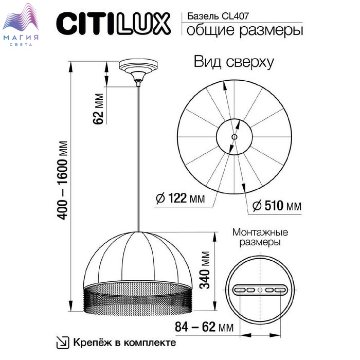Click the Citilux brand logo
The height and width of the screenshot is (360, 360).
[x=113, y=24]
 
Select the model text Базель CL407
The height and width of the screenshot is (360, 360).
[x=218, y=16]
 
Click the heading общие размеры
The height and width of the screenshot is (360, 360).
[x=245, y=30]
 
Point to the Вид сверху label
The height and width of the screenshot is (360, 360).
[x=234, y=62]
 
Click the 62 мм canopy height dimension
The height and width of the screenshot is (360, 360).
[x=99, y=109]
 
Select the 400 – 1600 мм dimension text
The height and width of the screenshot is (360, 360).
[x=62, y=180]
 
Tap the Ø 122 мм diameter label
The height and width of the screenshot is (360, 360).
[x=180, y=198]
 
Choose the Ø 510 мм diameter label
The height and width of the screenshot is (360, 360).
[x=277, y=206]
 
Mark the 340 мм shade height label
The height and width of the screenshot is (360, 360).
[x=204, y=270]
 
